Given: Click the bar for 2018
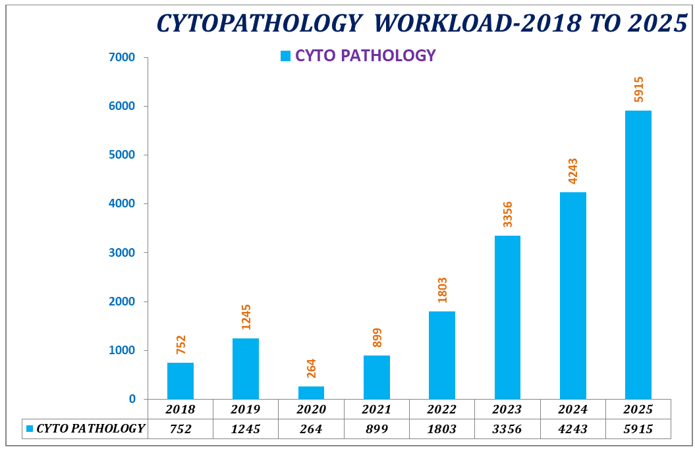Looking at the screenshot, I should [180, 381].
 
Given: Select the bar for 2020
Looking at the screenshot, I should [311, 392].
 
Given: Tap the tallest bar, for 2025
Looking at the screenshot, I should [638, 254].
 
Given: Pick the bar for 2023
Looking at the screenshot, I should [507, 317].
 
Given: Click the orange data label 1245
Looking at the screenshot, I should [246, 317].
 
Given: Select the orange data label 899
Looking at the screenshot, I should [377, 338].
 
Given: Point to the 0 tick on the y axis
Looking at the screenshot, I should [132, 399].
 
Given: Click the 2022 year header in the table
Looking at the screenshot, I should [441, 409].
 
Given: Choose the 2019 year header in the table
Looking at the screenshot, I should [246, 409].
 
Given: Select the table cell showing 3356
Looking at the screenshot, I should [507, 429].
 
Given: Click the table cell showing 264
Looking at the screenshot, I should [311, 429].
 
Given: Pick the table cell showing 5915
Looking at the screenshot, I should [638, 429].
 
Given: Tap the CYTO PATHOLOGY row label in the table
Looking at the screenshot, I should [90, 429].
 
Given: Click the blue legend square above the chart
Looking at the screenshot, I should [285, 56].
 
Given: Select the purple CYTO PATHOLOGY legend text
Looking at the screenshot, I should [366, 56].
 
